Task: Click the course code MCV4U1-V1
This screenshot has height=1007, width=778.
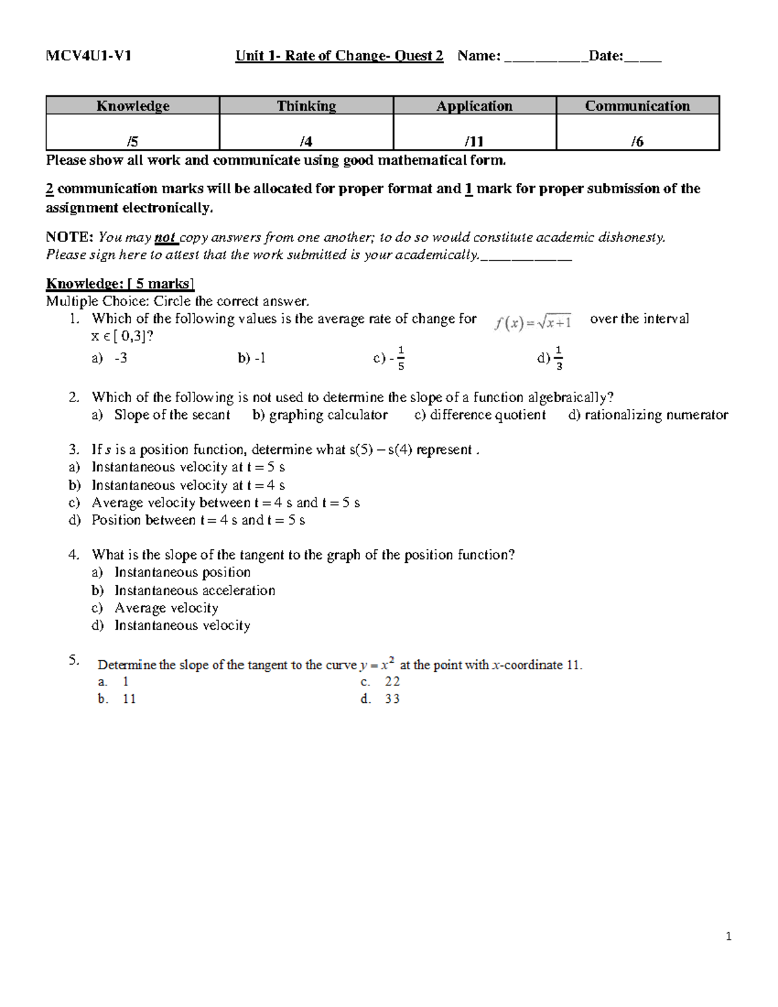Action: (x=89, y=56)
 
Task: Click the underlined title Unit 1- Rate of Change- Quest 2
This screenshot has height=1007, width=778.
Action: (x=339, y=56)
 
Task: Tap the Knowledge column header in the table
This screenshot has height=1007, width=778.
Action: (x=133, y=106)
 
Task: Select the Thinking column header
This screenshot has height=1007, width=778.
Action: (x=306, y=106)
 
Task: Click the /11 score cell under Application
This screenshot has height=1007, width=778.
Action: (x=474, y=141)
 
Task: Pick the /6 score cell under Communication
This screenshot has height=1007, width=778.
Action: (x=637, y=141)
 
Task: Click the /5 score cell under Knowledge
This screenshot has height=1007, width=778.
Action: (x=133, y=141)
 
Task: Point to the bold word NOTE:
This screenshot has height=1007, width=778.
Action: (x=69, y=237)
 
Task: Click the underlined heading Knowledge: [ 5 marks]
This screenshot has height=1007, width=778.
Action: (x=120, y=284)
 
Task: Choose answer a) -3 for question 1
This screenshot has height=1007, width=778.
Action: (x=110, y=358)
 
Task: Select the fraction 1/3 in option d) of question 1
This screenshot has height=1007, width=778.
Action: (x=559, y=358)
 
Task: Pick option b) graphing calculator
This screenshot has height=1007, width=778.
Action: (x=320, y=415)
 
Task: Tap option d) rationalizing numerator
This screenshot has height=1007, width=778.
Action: (x=648, y=415)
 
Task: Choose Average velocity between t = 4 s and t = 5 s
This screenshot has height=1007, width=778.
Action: (x=225, y=503)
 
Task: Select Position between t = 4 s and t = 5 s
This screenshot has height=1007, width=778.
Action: (x=198, y=520)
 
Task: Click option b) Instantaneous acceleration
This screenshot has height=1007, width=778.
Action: (x=194, y=591)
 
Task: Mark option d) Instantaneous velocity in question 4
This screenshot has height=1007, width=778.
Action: (x=182, y=626)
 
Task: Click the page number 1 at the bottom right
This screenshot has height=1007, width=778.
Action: (x=729, y=936)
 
